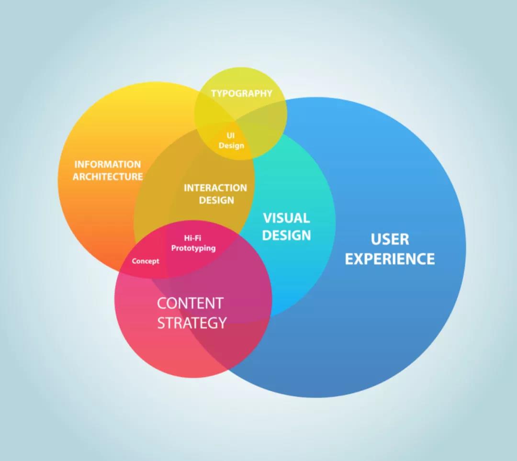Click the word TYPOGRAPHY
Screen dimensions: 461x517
[x=241, y=93]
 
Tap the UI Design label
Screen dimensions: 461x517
[x=231, y=141]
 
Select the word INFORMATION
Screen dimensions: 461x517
[x=108, y=164]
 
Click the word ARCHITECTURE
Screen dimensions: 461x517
[x=108, y=177]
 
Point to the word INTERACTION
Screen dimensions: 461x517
[x=215, y=188]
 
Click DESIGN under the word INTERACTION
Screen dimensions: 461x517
[x=216, y=200]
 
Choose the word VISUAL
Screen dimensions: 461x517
[x=286, y=218]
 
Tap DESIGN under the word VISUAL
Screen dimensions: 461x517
[x=286, y=235]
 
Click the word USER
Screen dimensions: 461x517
[x=390, y=239]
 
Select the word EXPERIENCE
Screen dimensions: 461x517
[x=390, y=259]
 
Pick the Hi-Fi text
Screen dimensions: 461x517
[x=192, y=237]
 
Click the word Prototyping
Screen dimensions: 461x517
[x=193, y=248]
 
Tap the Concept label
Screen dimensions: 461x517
[x=146, y=261]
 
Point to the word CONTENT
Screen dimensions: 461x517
[x=190, y=303]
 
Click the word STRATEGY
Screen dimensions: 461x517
[x=192, y=323]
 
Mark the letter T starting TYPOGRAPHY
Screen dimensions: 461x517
[x=214, y=93]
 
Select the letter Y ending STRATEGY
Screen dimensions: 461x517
[x=222, y=323]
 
